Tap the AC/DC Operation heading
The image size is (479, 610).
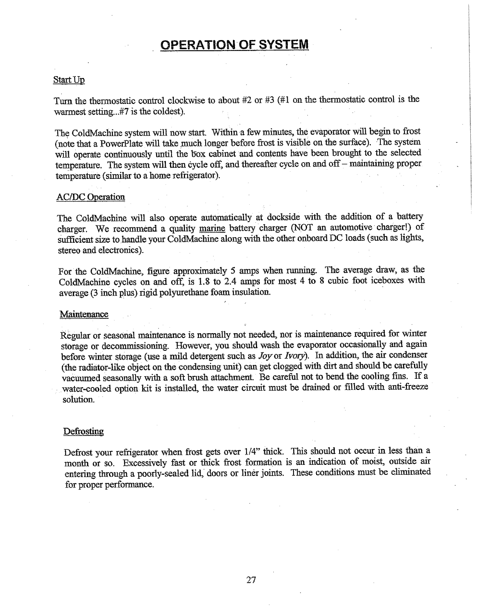coord(91,197)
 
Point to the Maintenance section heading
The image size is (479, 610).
coord(84,315)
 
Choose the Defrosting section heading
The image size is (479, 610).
coord(84,431)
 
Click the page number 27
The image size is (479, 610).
coord(251,580)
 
